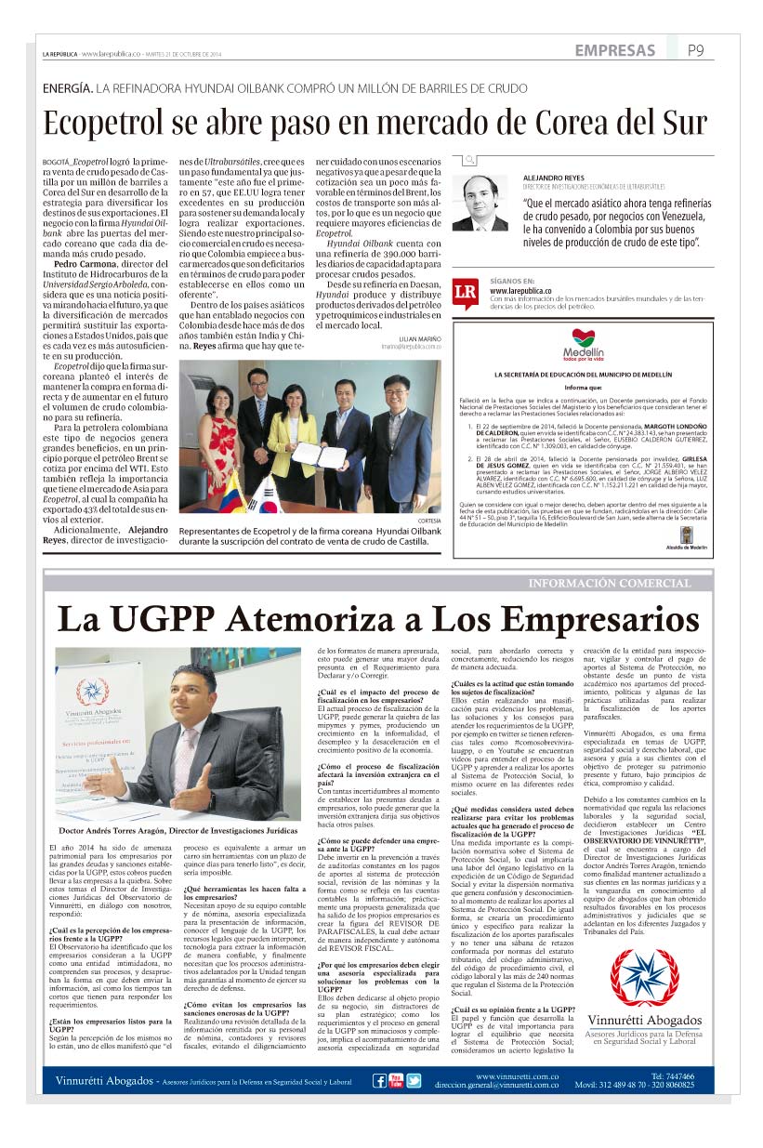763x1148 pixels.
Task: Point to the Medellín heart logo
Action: [586, 338]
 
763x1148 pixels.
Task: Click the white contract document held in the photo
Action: [308, 454]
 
